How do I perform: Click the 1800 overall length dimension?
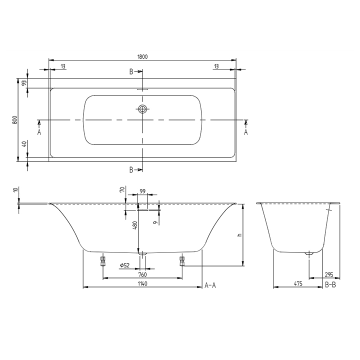(x=142, y=56)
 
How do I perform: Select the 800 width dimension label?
(x=15, y=120)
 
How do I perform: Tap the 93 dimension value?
(x=23, y=83)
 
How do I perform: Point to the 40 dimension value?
(x=23, y=145)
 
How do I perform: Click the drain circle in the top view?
(x=143, y=109)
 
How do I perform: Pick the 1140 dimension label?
(x=142, y=283)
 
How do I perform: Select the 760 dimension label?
(x=142, y=274)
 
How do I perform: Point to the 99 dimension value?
(x=142, y=191)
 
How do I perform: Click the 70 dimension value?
(x=121, y=190)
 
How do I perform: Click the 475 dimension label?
(x=297, y=283)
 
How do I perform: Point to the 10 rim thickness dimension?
(x=15, y=190)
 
